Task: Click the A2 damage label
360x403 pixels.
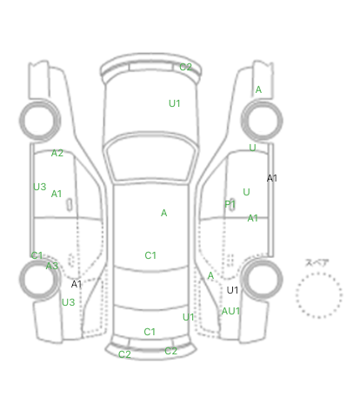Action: point(57,153)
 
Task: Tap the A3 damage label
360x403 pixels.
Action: point(52,266)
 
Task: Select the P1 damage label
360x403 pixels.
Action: point(230,204)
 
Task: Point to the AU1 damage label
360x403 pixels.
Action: point(230,311)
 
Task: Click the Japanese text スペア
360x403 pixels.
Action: point(317,263)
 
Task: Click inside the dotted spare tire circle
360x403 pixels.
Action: point(319,295)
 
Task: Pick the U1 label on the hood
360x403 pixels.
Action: point(175,103)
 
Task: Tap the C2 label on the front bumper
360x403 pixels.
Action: point(185,67)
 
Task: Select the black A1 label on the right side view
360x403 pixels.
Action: point(272,178)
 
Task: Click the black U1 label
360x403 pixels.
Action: point(232,290)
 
